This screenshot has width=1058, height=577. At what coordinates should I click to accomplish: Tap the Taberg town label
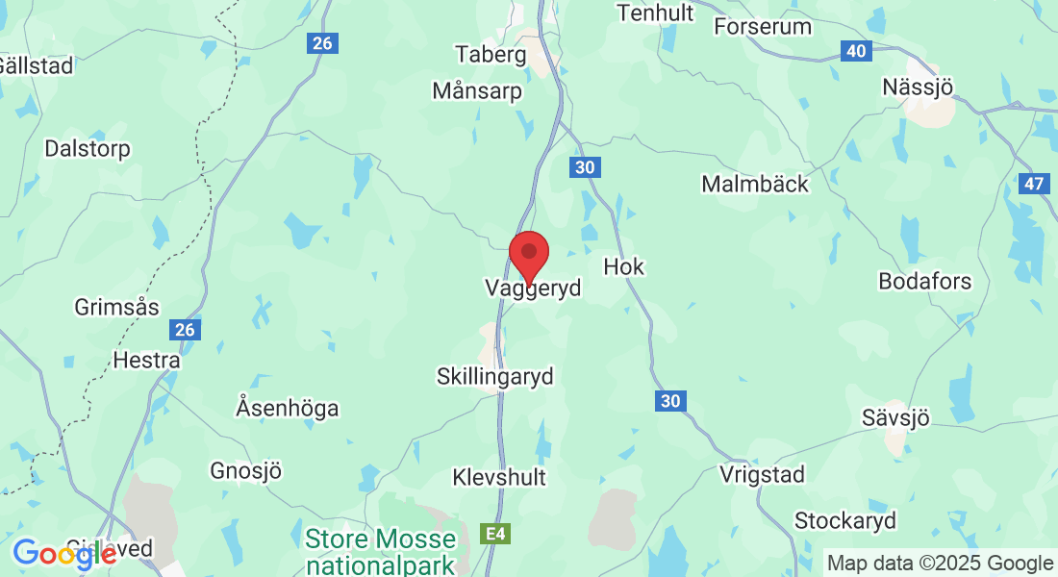(491, 54)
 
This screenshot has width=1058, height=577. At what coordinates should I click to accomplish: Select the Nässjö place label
(918, 88)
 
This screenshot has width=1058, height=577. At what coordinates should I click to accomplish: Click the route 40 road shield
(856, 51)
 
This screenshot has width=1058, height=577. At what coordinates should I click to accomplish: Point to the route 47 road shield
(1034, 184)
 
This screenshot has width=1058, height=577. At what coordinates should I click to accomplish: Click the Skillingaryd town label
(495, 376)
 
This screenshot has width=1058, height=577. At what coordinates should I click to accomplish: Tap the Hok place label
(623, 266)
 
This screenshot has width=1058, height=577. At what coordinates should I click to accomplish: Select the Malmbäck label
(755, 184)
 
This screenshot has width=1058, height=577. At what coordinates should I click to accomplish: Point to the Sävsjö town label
(896, 418)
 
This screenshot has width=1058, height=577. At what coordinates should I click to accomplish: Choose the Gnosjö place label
(246, 471)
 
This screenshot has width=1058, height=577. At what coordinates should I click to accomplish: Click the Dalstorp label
(88, 149)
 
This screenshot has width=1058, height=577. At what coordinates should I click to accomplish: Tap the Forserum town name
(763, 26)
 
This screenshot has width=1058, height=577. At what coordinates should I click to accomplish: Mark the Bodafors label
(925, 282)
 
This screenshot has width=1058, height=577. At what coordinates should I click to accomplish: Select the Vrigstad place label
(763, 474)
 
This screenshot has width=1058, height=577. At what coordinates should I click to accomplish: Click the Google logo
(64, 554)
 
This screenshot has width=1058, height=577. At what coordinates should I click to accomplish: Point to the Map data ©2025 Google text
(941, 564)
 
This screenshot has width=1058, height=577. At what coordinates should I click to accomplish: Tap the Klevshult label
(499, 477)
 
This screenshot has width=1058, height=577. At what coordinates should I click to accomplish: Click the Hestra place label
(146, 361)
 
